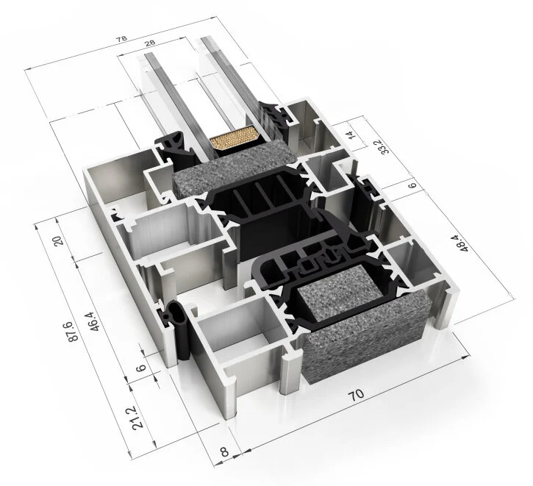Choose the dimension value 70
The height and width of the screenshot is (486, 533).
[357, 395]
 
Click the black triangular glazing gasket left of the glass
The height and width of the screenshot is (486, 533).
[177, 146]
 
